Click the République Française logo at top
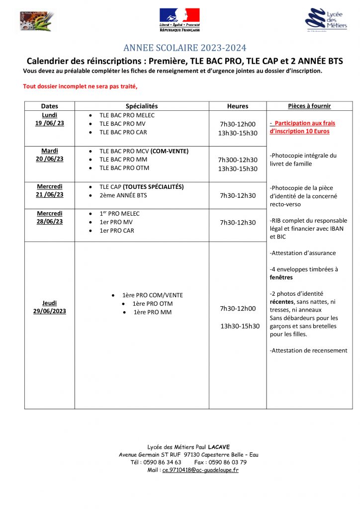pos(180,20)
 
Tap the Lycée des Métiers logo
pos(326,20)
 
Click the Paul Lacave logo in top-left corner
pos(37,20)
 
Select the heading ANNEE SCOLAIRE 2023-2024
pos(184,48)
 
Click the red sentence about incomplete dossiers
pos(80,86)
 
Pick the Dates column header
pos(50,106)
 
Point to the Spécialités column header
pos(142,106)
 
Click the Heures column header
pos(238,106)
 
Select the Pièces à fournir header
pos(309,106)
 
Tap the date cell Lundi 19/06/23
pos(50,119)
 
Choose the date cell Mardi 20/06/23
pos(50,155)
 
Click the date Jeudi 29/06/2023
pos(50,307)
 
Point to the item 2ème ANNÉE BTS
pos(123,195)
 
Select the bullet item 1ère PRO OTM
pos(153,304)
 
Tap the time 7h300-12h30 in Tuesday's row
pos(238,160)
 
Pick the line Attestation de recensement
pos(308,350)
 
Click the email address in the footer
pos(200,470)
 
